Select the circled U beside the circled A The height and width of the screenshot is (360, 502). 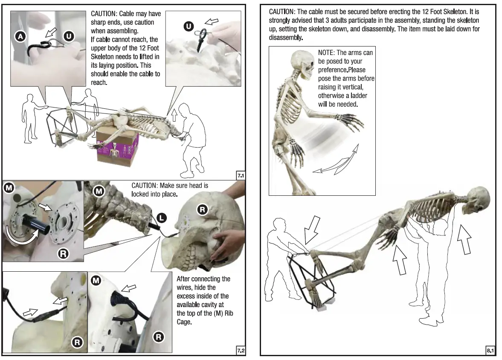(x=68, y=37)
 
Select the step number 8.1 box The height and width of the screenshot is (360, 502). (x=490, y=351)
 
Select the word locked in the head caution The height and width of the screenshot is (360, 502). (x=142, y=194)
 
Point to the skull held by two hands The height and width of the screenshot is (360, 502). (x=205, y=232)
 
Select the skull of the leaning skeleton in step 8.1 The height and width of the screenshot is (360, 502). (x=477, y=200)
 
